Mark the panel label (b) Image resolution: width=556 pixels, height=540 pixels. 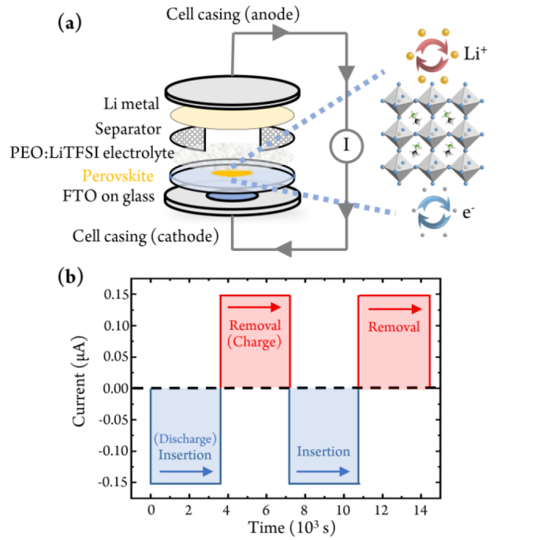point(69,278)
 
